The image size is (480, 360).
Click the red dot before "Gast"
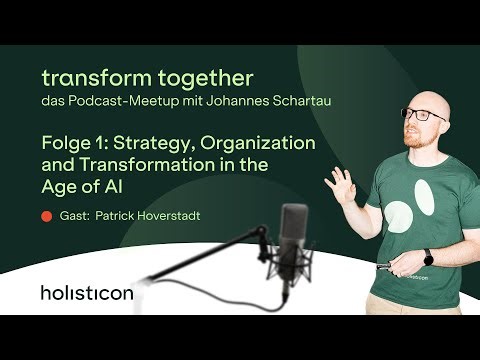click(46, 215)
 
